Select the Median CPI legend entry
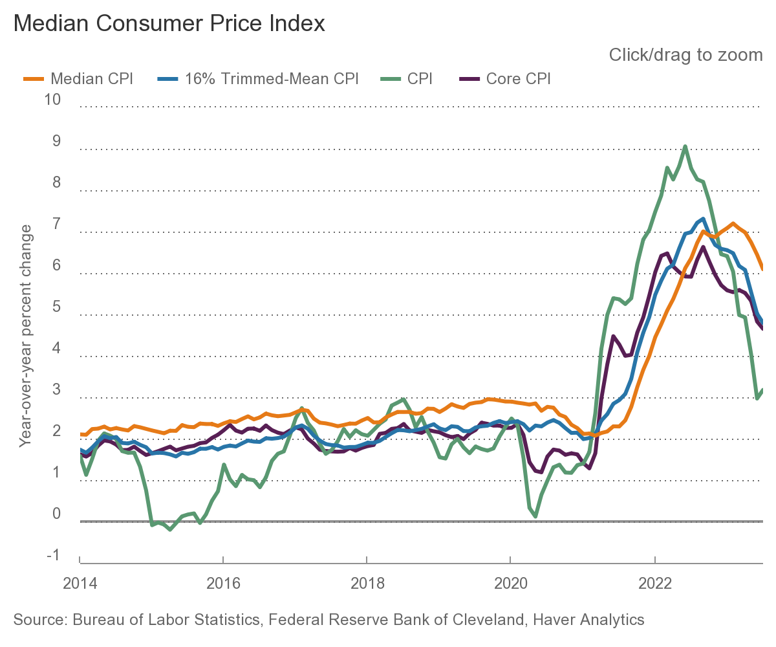[78, 79]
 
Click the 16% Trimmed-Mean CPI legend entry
[257, 79]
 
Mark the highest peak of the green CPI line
[685, 146]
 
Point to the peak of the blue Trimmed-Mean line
[703, 219]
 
